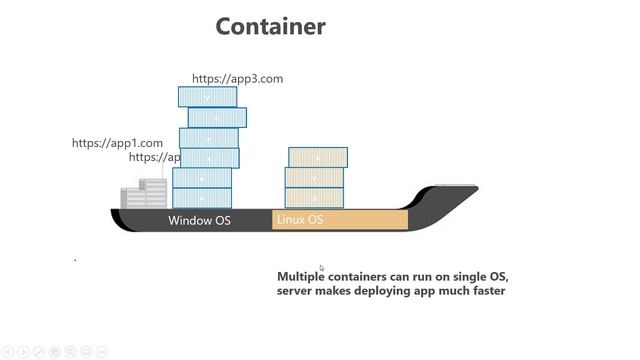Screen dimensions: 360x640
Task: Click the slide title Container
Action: [x=270, y=26]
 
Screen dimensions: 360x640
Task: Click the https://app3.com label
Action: [x=238, y=78]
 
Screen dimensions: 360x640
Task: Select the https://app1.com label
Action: [x=117, y=143]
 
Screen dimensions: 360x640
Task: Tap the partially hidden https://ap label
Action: [x=155, y=157]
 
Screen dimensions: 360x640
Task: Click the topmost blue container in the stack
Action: [x=207, y=96]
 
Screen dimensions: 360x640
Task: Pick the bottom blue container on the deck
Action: [x=202, y=198]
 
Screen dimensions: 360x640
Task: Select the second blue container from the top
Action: [x=217, y=117]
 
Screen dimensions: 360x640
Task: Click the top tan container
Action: [x=318, y=157]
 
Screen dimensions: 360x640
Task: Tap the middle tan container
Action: [x=314, y=178]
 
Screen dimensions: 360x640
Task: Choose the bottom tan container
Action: [x=314, y=198]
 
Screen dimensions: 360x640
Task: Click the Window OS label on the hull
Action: [x=199, y=220]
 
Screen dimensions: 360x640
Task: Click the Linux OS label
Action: [x=300, y=220]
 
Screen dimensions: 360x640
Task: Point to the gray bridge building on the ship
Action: [x=144, y=194]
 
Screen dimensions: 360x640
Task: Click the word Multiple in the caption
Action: [x=302, y=275]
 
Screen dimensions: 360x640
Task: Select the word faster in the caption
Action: [x=484, y=291]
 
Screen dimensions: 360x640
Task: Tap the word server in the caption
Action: [x=296, y=291]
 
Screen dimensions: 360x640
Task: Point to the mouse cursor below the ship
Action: [x=321, y=267]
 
